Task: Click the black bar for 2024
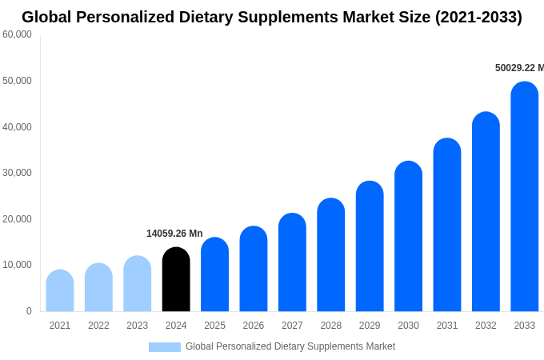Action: (x=176, y=280)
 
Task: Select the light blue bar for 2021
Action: (x=60, y=291)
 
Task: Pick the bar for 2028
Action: (x=331, y=255)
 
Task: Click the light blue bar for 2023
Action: (x=138, y=284)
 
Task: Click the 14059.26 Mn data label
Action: (x=174, y=234)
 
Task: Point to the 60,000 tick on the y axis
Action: (x=17, y=34)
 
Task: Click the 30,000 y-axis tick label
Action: (x=17, y=173)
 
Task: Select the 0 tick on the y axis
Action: (x=29, y=311)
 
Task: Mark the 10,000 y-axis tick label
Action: (x=17, y=265)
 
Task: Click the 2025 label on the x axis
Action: (x=214, y=326)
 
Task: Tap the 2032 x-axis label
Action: (x=486, y=326)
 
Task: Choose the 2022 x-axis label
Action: (x=98, y=326)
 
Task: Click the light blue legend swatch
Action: (x=165, y=347)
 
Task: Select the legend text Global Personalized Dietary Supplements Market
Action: (x=290, y=346)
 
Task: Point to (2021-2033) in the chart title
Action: (x=478, y=17)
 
